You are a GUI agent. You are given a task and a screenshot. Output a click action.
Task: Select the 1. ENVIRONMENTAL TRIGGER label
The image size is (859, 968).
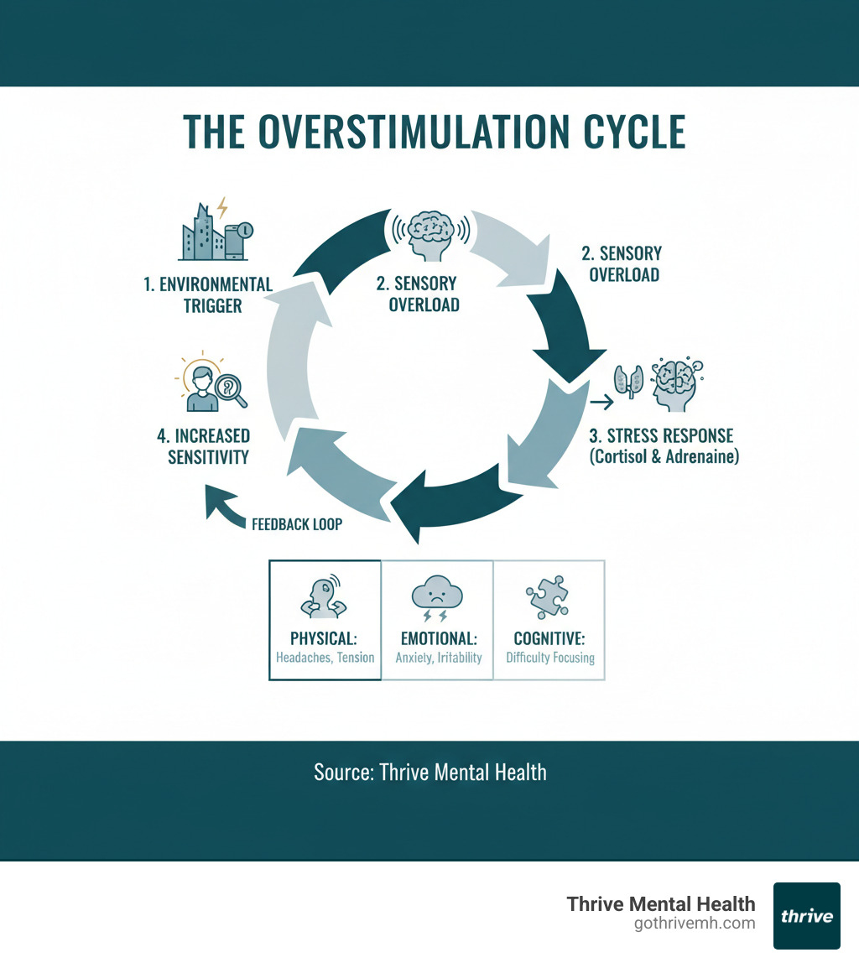coord(208,294)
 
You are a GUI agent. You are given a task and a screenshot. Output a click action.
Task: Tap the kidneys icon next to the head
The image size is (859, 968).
coord(624,379)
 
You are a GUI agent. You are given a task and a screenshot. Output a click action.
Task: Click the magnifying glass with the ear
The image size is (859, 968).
coord(231,390)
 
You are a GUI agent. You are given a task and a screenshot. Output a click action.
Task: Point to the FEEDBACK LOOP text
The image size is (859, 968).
coord(297,523)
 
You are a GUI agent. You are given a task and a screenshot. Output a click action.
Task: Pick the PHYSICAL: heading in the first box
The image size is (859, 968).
coord(325,638)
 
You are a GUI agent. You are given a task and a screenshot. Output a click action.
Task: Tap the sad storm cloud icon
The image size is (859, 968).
coord(437,598)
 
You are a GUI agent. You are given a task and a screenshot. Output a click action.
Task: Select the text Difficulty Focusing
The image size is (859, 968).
coord(549,658)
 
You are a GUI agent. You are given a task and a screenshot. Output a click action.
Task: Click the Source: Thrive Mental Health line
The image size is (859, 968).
coord(429,772)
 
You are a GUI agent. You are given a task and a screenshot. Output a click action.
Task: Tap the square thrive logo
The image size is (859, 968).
coord(806,915)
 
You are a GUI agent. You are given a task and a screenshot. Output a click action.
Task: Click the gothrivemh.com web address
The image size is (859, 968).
coord(695,924)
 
